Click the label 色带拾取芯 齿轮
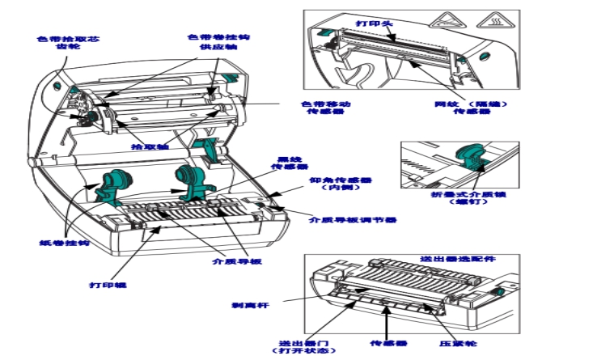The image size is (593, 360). [x=69, y=43]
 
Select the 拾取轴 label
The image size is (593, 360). [x=150, y=147]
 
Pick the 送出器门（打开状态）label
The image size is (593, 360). [x=301, y=346]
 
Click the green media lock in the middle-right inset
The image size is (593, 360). [x=469, y=158]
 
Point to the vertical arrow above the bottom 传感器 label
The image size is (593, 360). [x=386, y=326]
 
